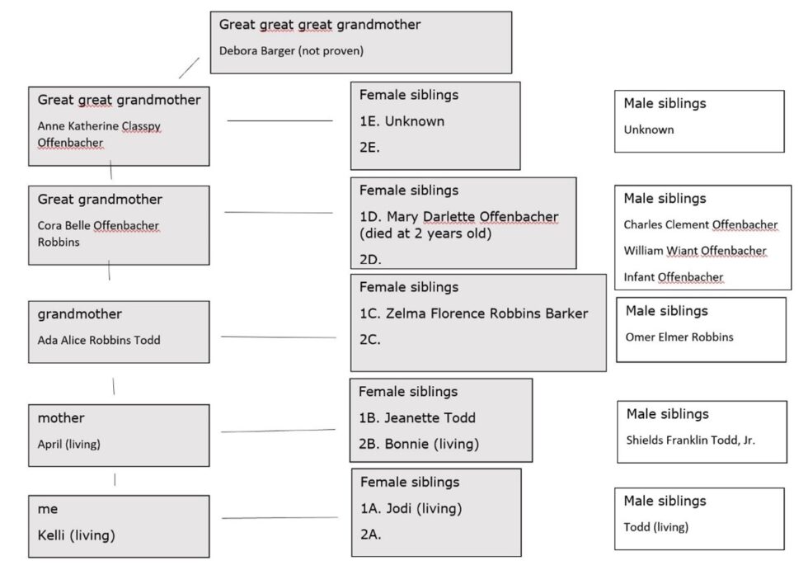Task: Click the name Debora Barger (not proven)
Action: pyautogui.click(x=291, y=50)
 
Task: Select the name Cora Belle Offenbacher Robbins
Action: pyautogui.click(x=98, y=233)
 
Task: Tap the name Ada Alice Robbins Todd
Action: pyautogui.click(x=99, y=340)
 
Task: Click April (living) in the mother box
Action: pyautogui.click(x=68, y=444)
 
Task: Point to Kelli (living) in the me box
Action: pyautogui.click(x=76, y=535)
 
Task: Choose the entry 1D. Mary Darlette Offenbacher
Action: pyautogui.click(x=458, y=217)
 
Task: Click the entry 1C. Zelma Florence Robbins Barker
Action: pyautogui.click(x=473, y=313)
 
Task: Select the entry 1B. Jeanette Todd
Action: pyautogui.click(x=417, y=417)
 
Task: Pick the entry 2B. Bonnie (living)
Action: pyautogui.click(x=419, y=444)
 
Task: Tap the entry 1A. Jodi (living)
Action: pyautogui.click(x=411, y=508)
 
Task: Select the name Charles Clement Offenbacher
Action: pyautogui.click(x=700, y=224)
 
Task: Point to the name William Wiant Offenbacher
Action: pyautogui.click(x=694, y=251)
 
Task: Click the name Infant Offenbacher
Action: pyautogui.click(x=673, y=277)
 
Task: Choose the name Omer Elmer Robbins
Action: pyautogui.click(x=679, y=337)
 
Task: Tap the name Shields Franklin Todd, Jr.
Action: pyautogui.click(x=690, y=440)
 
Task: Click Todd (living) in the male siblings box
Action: pyautogui.click(x=655, y=527)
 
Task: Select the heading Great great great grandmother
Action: pyautogui.click(x=320, y=25)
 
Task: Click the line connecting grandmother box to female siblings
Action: pyautogui.click(x=279, y=337)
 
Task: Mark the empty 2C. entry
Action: pyautogui.click(x=370, y=340)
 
